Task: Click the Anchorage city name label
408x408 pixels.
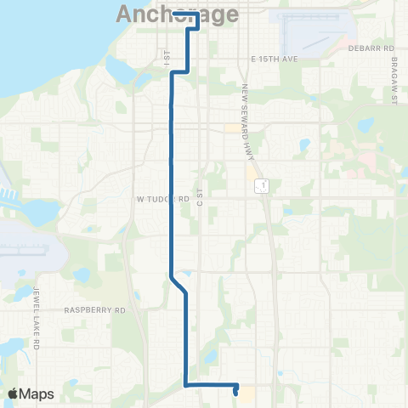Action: [x=169, y=14]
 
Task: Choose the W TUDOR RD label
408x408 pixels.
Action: [x=161, y=198]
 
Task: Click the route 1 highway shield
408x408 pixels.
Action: [x=264, y=184]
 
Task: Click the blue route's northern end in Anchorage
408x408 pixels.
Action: [x=173, y=14]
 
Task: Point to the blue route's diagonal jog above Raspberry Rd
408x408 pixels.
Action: [x=178, y=285]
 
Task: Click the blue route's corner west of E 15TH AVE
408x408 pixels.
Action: [x=173, y=74]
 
